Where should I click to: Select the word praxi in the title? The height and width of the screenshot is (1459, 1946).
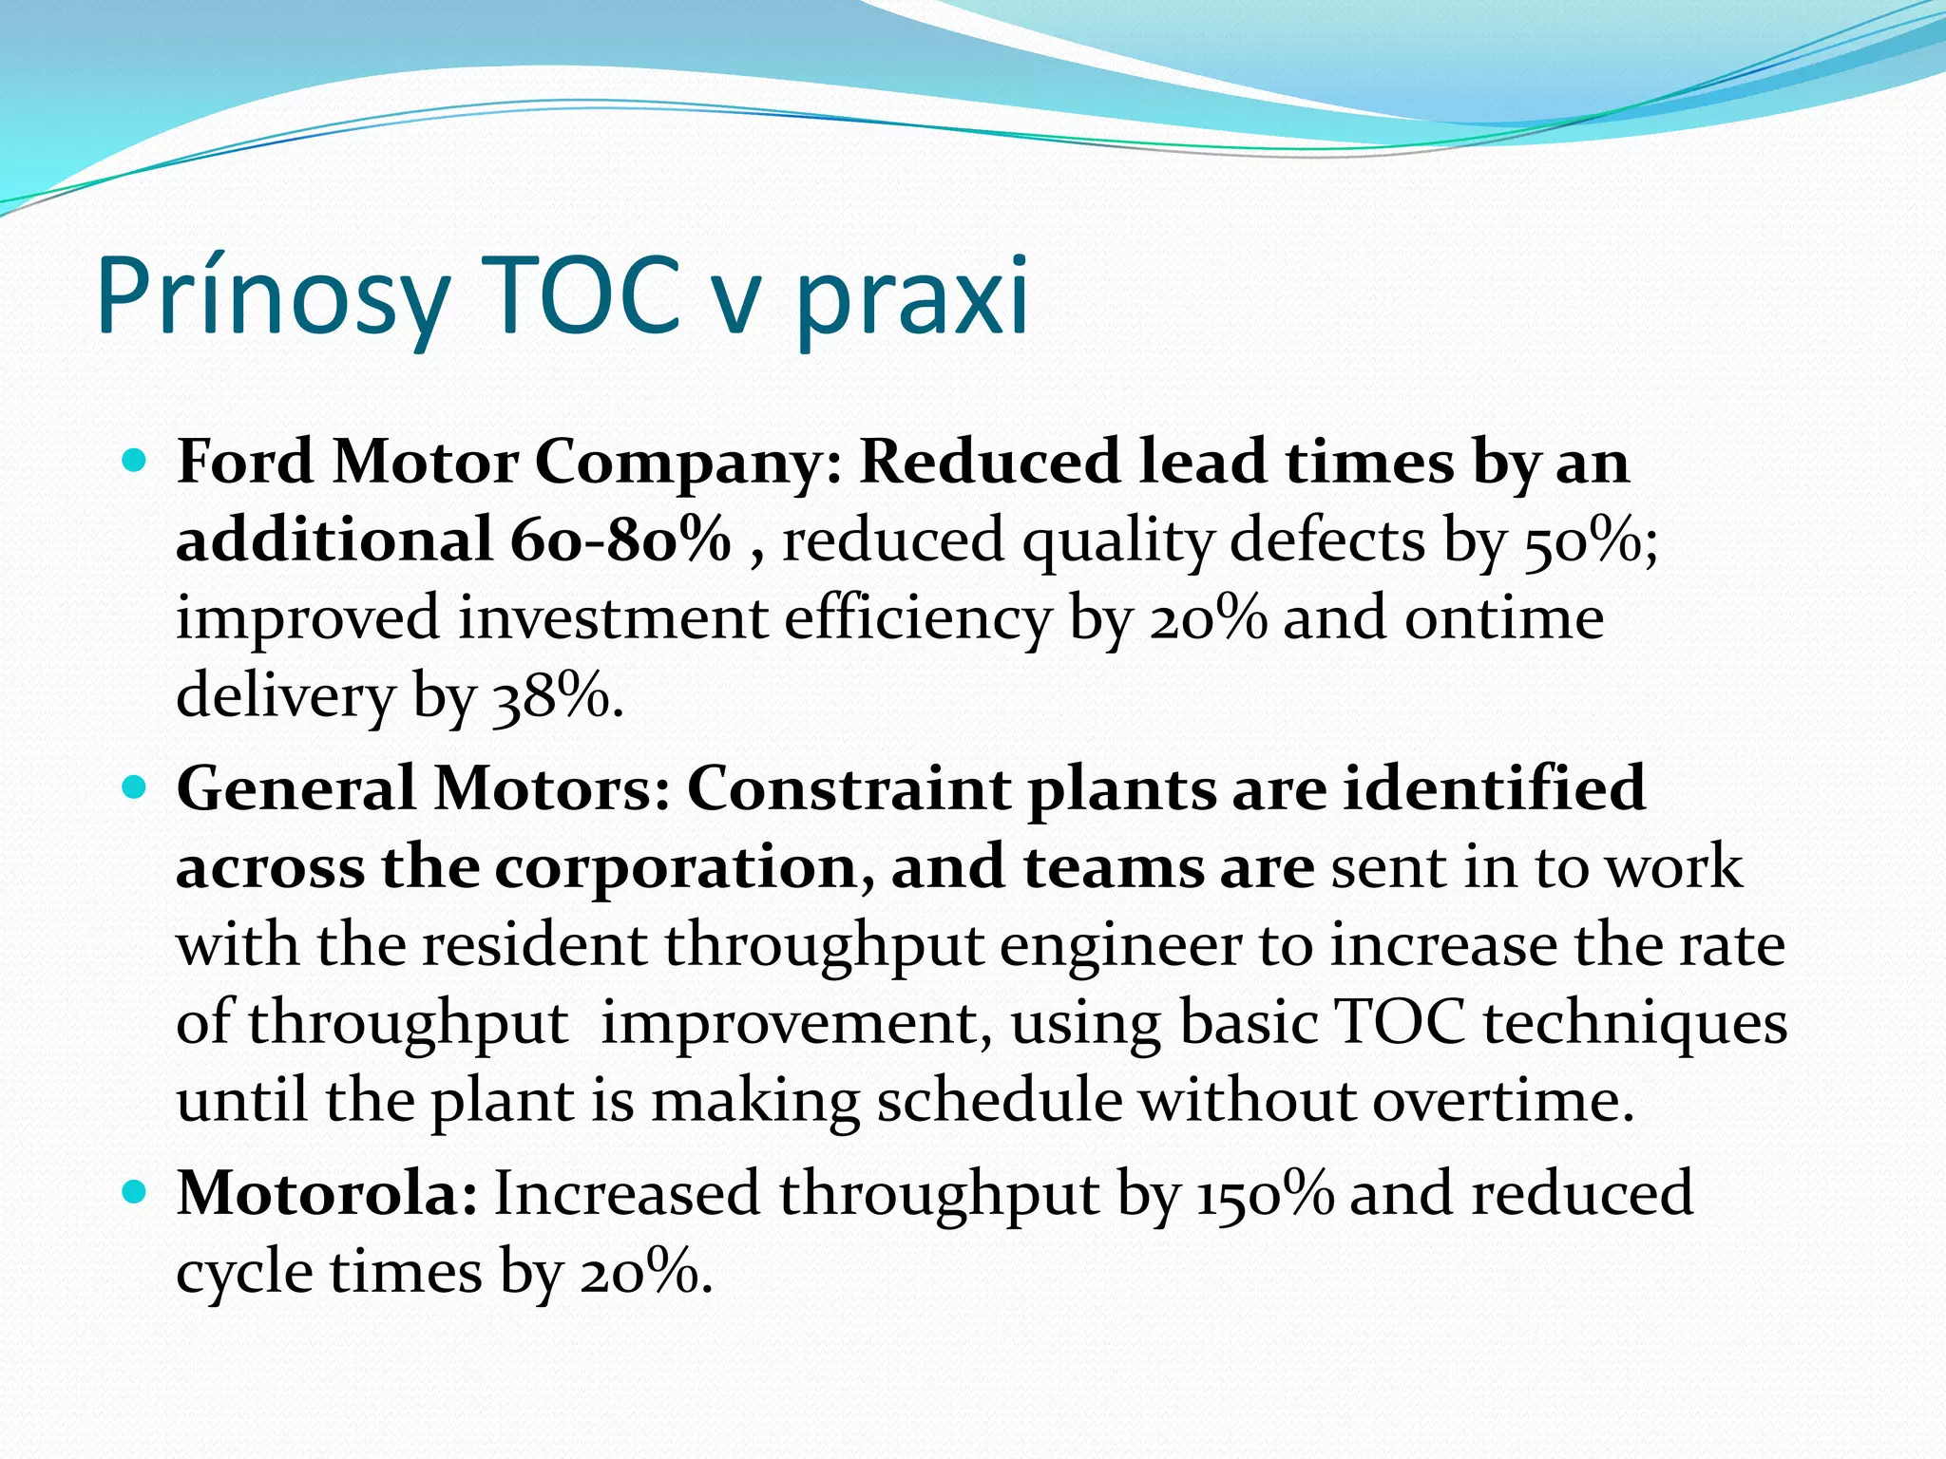(x=911, y=296)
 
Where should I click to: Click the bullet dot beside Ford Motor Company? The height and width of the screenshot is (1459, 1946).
(x=135, y=462)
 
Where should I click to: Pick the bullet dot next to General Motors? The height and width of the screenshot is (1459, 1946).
(x=135, y=788)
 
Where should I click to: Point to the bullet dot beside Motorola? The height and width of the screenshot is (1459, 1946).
(x=135, y=1192)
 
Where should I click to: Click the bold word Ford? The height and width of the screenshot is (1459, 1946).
(x=245, y=463)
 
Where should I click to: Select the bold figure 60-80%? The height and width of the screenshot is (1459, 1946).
(x=620, y=540)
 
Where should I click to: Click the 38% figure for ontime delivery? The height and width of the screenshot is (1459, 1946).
(x=556, y=696)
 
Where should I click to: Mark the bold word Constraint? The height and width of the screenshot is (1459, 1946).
(x=849, y=789)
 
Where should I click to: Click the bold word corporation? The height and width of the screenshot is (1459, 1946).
(x=681, y=868)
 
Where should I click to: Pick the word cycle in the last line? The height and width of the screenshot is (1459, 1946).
(x=244, y=1273)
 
